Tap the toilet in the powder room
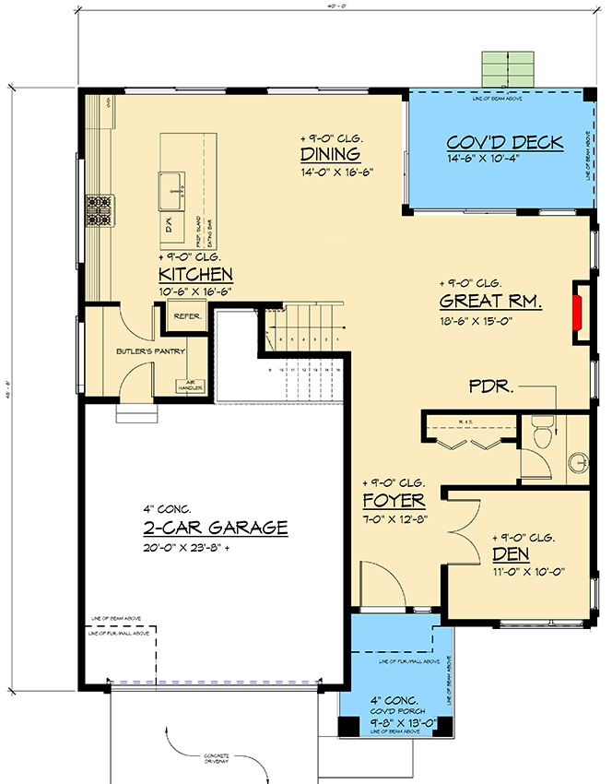click(542, 430)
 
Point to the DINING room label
click(329, 154)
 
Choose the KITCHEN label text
click(195, 275)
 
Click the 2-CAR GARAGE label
click(215, 528)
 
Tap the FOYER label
click(394, 500)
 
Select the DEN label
click(511, 554)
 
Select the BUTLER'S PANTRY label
click(150, 351)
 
